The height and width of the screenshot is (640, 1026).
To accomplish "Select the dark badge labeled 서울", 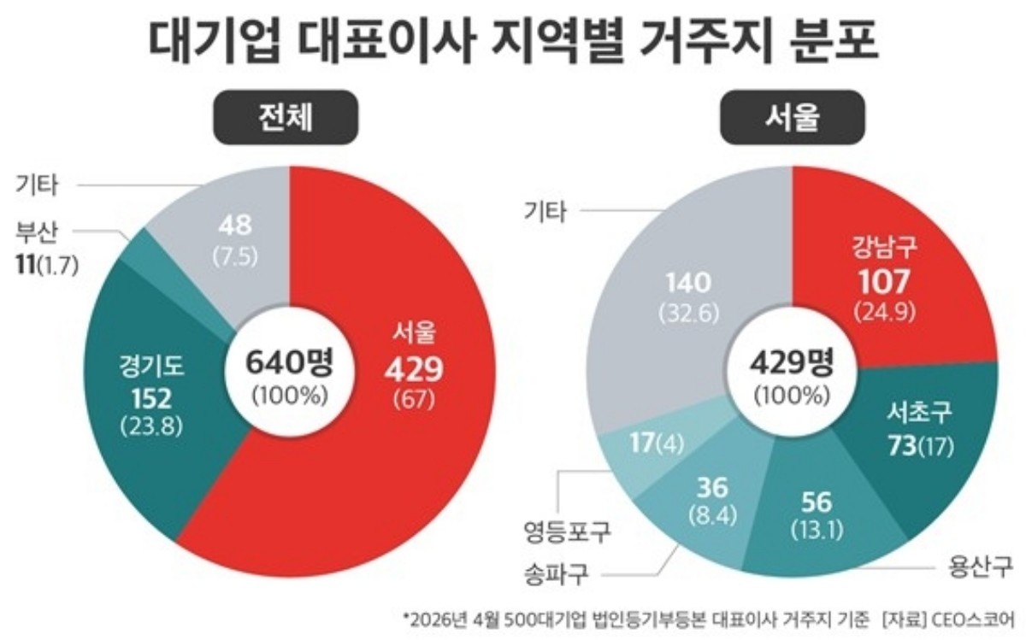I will (794, 120).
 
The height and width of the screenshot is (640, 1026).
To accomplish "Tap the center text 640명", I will (289, 362).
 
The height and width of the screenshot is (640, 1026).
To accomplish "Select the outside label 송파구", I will (555, 574).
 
